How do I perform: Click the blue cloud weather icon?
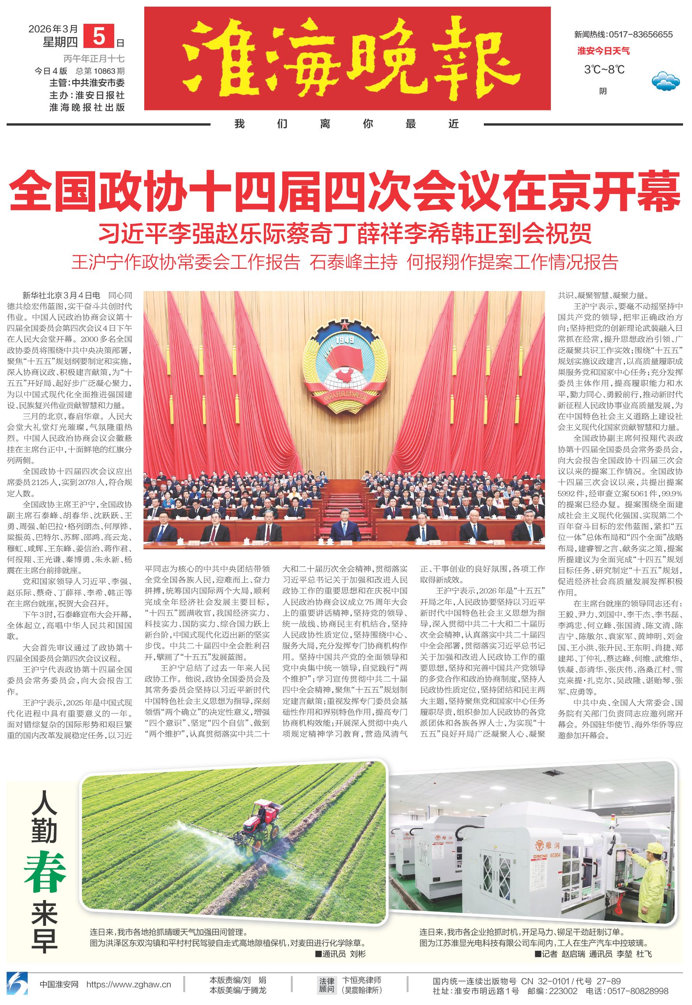point(665,80)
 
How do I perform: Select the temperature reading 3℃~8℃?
point(604,69)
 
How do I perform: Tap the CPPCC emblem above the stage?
point(345,364)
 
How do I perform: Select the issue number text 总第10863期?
point(100,71)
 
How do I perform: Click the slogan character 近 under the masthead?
point(453,124)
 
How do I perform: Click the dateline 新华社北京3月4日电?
point(62,295)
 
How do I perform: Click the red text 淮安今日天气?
point(603,51)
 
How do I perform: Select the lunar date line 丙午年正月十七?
point(94,59)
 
